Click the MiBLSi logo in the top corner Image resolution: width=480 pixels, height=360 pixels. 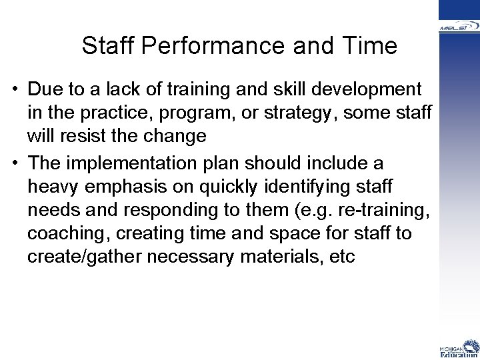tap(459, 27)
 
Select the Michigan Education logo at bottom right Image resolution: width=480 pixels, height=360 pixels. tap(459, 349)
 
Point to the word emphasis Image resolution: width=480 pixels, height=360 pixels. tap(132, 187)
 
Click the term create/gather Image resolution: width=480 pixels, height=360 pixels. tap(77, 257)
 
